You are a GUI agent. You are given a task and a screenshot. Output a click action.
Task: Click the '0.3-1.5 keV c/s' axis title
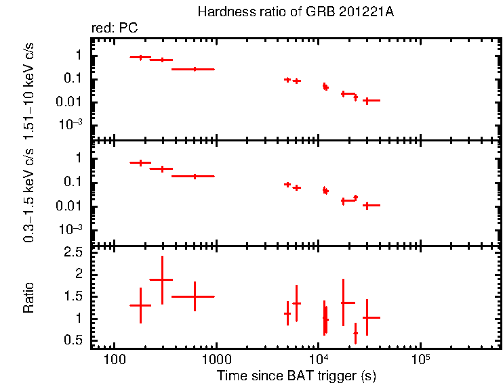pos(28,193)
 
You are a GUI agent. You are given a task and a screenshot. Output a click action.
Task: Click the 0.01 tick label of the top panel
pos(71,102)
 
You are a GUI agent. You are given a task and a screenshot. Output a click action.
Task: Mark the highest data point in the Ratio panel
pos(162,279)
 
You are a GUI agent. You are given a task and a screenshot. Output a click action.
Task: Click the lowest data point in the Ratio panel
pos(355,333)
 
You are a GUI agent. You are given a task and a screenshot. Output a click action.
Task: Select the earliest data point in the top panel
pos(140,58)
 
